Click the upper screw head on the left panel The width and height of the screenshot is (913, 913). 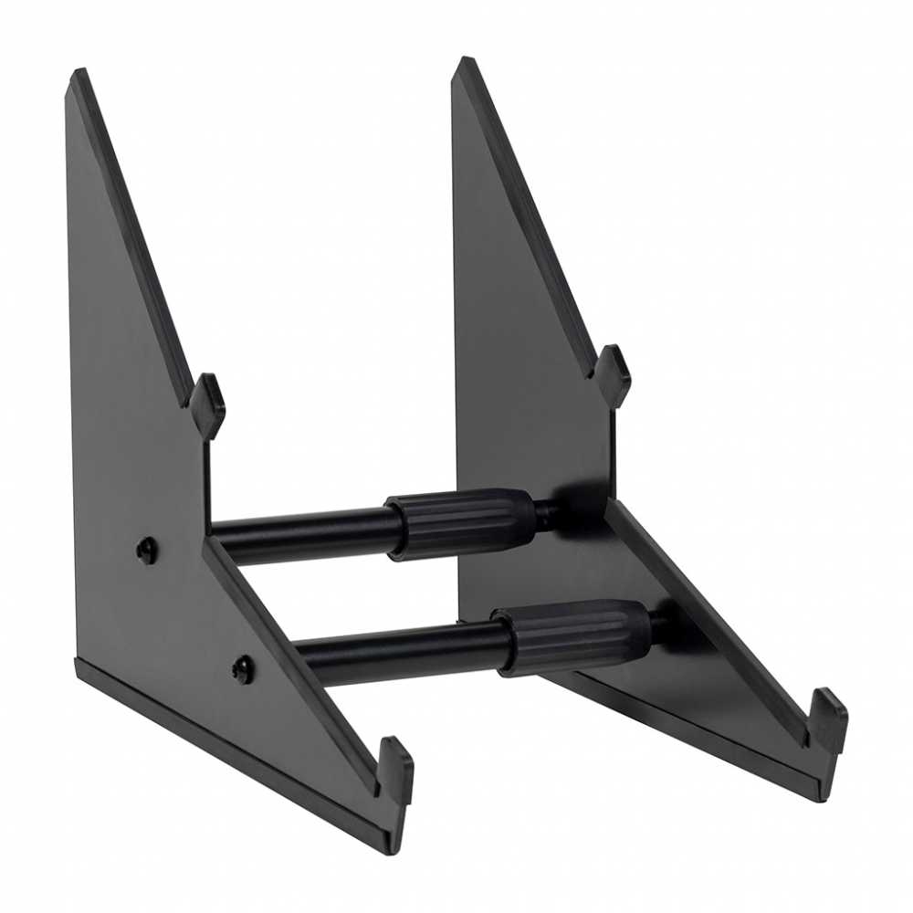tap(146, 549)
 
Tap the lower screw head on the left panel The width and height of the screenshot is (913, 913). tap(242, 669)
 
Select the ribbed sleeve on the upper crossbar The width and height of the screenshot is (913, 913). tap(460, 522)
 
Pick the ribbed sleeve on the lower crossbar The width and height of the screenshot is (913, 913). tap(573, 635)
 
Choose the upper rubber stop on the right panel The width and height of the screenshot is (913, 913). tap(612, 375)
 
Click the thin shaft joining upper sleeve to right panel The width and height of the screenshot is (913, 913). tap(548, 514)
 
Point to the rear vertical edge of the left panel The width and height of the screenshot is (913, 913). tap(69, 365)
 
